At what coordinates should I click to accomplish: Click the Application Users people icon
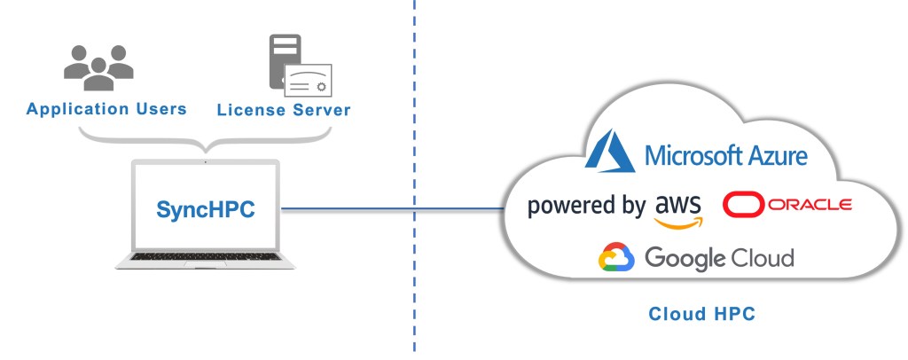[x=98, y=66]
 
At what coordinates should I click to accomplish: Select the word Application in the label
[x=74, y=110]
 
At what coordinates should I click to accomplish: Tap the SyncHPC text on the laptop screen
[x=205, y=210]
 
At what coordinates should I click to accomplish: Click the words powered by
[x=585, y=207]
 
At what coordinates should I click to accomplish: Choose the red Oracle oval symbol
[x=742, y=205]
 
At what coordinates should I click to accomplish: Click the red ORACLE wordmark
[x=809, y=205]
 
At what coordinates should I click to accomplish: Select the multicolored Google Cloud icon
[x=617, y=258]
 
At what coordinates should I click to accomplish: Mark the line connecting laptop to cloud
[x=390, y=210]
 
